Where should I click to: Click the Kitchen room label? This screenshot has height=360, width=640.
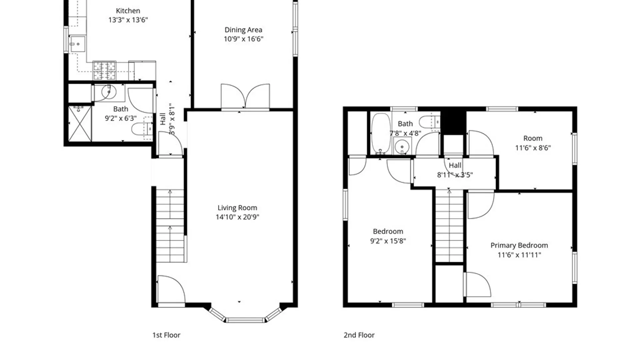128,11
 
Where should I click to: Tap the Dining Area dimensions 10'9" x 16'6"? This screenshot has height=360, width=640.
243,39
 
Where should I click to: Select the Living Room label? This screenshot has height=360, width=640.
237,208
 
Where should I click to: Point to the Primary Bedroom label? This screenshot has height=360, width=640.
519,245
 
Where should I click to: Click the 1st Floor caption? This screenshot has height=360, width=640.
166,335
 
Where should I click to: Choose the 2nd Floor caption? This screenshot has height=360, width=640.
359,335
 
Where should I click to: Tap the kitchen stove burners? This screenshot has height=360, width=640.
104,71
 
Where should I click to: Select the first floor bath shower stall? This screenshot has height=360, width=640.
80,124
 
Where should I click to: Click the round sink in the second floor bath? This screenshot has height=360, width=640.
403,147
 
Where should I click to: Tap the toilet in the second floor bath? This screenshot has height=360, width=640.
430,122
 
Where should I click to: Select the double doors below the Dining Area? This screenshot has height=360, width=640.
245,97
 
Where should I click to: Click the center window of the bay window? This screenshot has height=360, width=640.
245,320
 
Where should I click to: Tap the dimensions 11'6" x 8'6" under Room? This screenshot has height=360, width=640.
533,148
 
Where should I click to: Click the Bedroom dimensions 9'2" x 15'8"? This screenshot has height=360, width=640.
388,241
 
